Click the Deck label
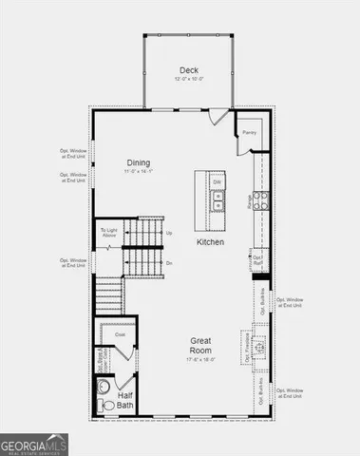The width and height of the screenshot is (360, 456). [188, 69]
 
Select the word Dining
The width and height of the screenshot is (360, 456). [139, 162]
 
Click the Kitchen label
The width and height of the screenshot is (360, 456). [210, 242]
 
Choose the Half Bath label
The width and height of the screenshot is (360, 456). [124, 400]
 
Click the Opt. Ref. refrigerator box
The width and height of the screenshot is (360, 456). [257, 259]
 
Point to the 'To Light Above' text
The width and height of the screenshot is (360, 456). [110, 234]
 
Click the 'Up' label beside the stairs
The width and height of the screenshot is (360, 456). [169, 233]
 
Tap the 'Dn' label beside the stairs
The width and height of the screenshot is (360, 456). [169, 262]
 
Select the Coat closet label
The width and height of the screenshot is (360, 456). [120, 334]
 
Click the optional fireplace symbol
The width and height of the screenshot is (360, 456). [263, 343]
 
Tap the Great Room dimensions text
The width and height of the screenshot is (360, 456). [199, 359]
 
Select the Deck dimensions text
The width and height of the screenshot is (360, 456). [188, 80]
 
